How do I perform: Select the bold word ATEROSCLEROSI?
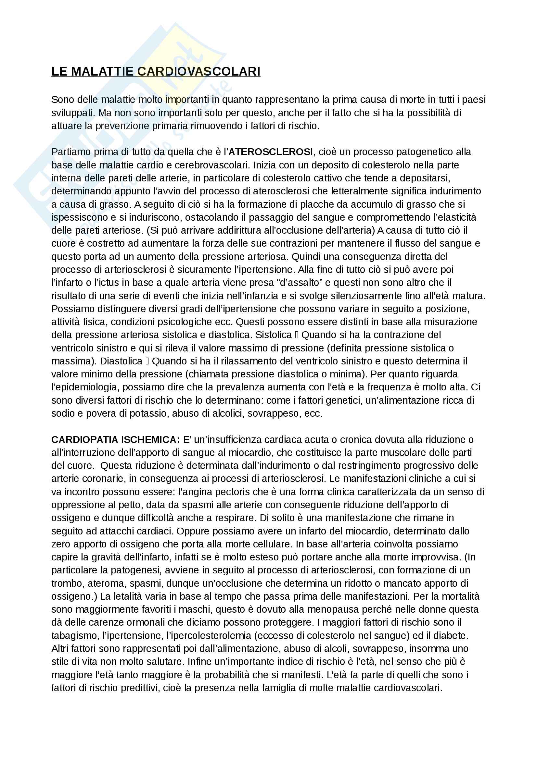tap(271, 152)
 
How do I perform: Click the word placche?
tap(317, 204)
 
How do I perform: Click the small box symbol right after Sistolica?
tap(297, 335)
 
